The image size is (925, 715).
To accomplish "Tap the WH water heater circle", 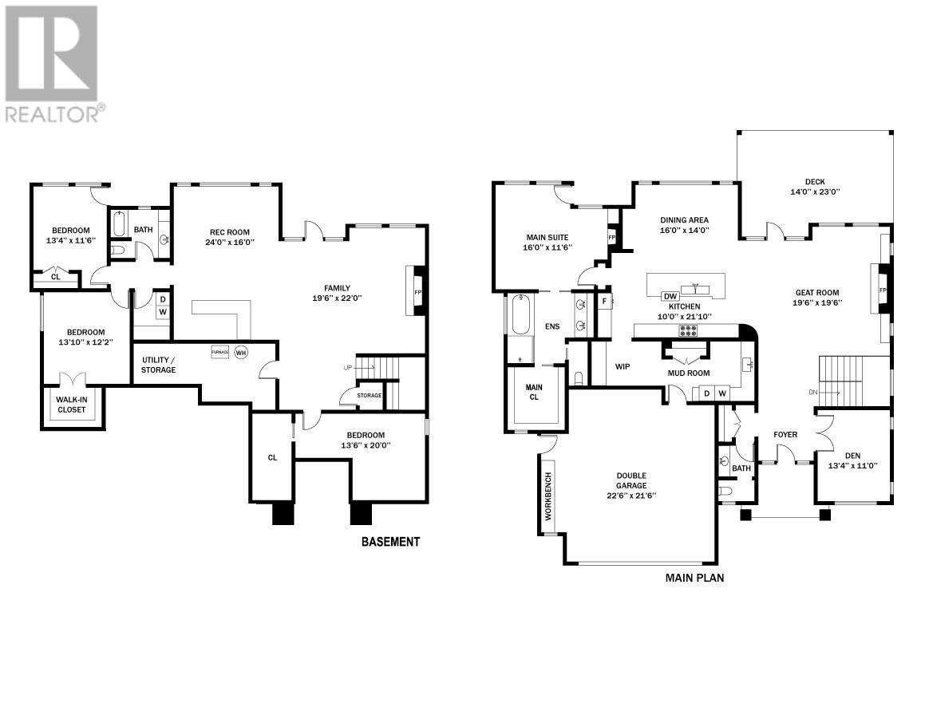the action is (241, 352).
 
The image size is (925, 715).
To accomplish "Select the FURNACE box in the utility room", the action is (220, 352).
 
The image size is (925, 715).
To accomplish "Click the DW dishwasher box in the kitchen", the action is (670, 296).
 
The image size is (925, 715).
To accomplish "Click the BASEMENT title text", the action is (390, 542).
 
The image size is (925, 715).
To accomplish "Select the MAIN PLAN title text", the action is (694, 578).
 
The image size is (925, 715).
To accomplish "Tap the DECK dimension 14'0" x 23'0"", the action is (816, 192).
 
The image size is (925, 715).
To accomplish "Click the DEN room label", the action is (852, 456).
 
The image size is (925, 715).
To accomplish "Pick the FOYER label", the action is (785, 435).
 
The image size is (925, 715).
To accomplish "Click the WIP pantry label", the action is (623, 366).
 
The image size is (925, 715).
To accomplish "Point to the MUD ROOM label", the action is (689, 373).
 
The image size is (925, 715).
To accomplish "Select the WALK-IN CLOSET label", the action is (71, 405).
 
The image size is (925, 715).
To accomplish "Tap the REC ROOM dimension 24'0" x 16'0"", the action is (230, 242).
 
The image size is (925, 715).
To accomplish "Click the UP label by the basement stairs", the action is (348, 368).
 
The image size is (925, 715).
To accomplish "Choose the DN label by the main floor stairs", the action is (813, 393).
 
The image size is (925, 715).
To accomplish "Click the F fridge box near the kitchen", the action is (604, 301).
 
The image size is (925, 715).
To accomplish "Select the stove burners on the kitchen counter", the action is (688, 331).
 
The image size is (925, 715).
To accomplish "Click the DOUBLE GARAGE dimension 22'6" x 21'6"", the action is (631, 496).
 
